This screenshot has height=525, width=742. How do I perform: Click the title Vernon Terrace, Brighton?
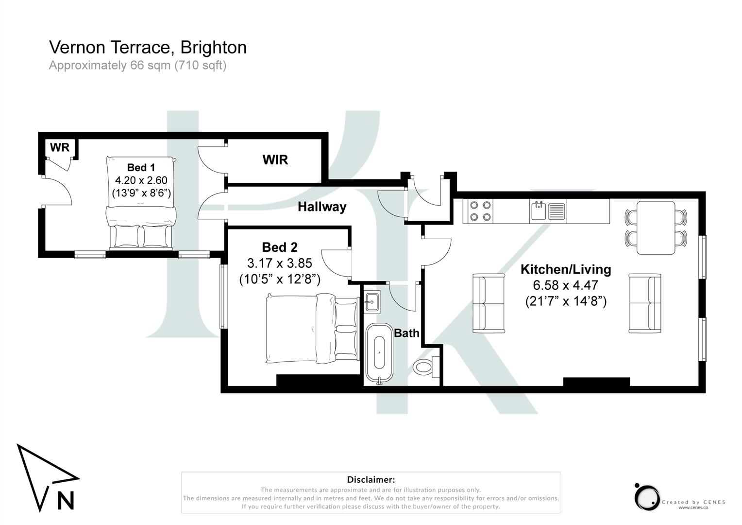click(x=148, y=48)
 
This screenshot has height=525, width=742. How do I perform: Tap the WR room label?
click(x=60, y=147)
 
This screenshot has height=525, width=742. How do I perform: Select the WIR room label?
click(x=275, y=160)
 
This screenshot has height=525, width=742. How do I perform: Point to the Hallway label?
click(x=322, y=207)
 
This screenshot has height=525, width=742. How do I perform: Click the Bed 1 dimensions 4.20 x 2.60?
click(x=141, y=180)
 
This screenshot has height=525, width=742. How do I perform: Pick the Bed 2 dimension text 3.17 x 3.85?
click(x=279, y=263)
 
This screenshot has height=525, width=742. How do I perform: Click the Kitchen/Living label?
click(x=566, y=269)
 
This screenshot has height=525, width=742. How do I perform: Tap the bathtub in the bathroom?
click(x=379, y=353)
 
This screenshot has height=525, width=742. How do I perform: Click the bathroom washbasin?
click(x=372, y=302)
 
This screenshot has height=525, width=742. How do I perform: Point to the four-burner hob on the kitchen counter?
click(x=480, y=211)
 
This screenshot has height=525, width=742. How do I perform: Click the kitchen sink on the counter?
click(x=539, y=211)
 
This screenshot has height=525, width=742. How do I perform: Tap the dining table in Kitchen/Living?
click(x=656, y=227)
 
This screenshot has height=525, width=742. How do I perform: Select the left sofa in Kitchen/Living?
click(x=489, y=303)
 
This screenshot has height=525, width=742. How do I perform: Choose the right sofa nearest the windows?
click(x=645, y=303)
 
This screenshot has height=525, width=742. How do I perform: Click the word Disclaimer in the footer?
click(x=371, y=480)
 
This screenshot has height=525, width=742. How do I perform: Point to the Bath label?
click(x=406, y=333)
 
